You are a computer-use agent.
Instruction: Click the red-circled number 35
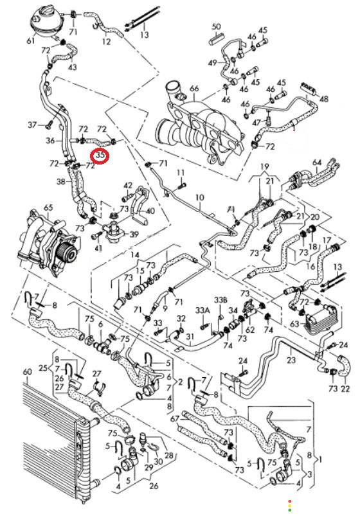pos(100,155)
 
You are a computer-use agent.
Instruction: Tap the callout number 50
pos(216,26)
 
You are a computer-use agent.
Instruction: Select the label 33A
pos(203,310)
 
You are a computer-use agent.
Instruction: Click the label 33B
pos(221,300)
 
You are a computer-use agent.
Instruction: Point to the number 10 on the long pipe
pos(200,198)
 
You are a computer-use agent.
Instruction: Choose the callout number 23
pos(291,360)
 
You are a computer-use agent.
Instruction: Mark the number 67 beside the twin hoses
pos(175,419)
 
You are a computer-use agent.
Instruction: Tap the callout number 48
pos(324,98)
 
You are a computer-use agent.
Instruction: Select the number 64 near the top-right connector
pos(317,163)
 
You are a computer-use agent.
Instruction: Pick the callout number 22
pos(345,389)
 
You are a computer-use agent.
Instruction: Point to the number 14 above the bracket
pos(135,255)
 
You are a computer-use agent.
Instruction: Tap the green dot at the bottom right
pos(290,510)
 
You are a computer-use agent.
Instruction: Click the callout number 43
pos(72,67)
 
